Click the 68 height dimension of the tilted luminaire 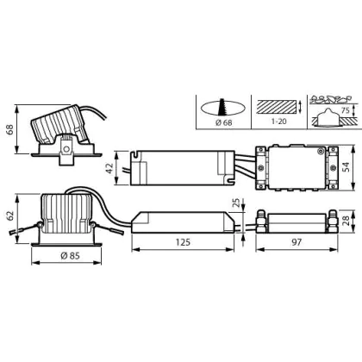click(x=10, y=130)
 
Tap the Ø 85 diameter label click(x=70, y=255)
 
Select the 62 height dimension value click(x=10, y=215)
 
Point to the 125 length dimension click(x=183, y=242)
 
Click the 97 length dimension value click(x=296, y=242)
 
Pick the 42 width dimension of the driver click(x=109, y=168)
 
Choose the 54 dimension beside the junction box click(x=346, y=167)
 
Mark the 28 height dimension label click(x=346, y=221)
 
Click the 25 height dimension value click(x=236, y=203)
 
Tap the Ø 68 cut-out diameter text click(x=223, y=122)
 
